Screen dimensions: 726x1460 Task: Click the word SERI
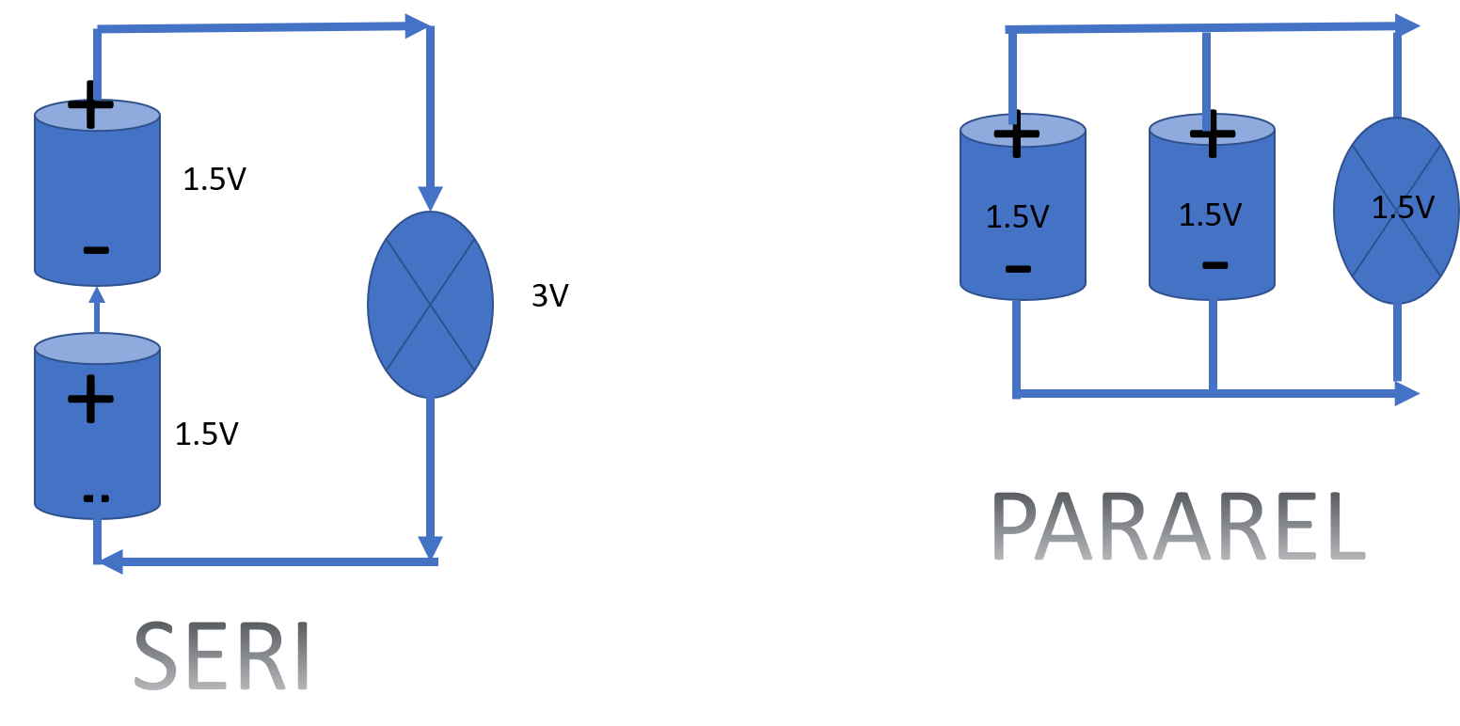pyautogui.click(x=222, y=655)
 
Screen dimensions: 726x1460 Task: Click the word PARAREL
pyautogui.click(x=1178, y=529)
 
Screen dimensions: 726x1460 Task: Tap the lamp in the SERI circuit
pyautogui.click(x=430, y=304)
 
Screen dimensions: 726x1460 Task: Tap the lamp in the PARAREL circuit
pyautogui.click(x=1397, y=211)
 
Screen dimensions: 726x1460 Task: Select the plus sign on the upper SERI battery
pyautogui.click(x=91, y=110)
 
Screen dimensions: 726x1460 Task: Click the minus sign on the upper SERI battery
pyautogui.click(x=96, y=250)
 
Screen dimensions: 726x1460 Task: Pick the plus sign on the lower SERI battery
pyautogui.click(x=91, y=399)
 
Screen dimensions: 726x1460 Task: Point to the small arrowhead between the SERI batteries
pyautogui.click(x=96, y=295)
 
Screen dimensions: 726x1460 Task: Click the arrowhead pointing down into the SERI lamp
pyautogui.click(x=430, y=197)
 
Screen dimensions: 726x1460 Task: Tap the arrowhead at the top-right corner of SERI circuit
pyautogui.click(x=417, y=26)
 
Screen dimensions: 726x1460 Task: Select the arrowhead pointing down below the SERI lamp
pyautogui.click(x=430, y=547)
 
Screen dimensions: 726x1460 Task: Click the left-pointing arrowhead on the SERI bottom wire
pyautogui.click(x=111, y=562)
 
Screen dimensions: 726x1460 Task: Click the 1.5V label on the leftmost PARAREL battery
pyautogui.click(x=1017, y=217)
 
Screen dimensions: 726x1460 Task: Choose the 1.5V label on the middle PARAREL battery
pyautogui.click(x=1211, y=214)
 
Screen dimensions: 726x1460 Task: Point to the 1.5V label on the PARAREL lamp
pyautogui.click(x=1403, y=207)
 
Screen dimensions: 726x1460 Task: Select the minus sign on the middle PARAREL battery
pyautogui.click(x=1214, y=265)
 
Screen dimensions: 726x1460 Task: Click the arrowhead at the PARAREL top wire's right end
pyautogui.click(x=1408, y=25)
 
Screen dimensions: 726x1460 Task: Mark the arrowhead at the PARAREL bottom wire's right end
pyautogui.click(x=1408, y=394)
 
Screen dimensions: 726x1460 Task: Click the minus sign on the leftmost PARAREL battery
pyautogui.click(x=1018, y=270)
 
